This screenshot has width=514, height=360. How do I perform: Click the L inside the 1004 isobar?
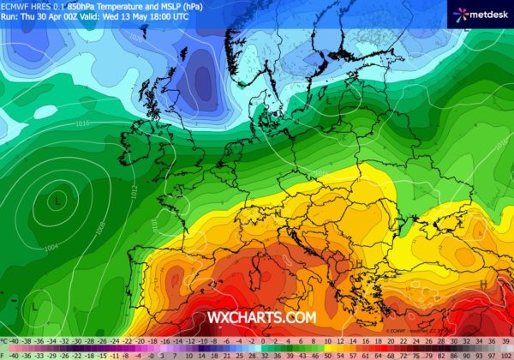(57, 200)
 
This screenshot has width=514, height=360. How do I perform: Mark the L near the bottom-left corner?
(34, 305)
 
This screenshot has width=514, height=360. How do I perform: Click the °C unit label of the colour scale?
(4, 341)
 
